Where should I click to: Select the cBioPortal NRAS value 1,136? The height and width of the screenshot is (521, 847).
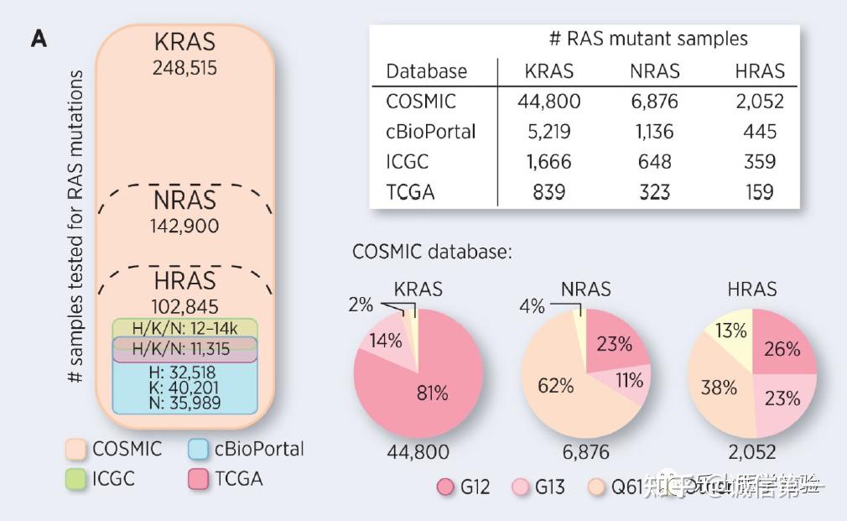655,132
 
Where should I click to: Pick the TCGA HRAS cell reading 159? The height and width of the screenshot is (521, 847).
759,192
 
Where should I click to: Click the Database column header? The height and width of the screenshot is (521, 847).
426,71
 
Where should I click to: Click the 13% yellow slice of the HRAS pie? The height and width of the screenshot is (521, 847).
731,332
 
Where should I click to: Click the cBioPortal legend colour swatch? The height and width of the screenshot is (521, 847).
199,449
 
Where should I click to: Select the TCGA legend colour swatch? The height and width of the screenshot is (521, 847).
199,479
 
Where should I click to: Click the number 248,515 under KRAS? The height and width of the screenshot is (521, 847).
184,68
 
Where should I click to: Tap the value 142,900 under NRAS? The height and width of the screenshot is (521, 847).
185,226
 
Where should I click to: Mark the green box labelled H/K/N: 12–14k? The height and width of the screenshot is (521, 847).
184,327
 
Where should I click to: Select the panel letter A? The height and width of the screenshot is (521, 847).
39,39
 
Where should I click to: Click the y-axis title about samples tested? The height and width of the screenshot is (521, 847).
76,227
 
